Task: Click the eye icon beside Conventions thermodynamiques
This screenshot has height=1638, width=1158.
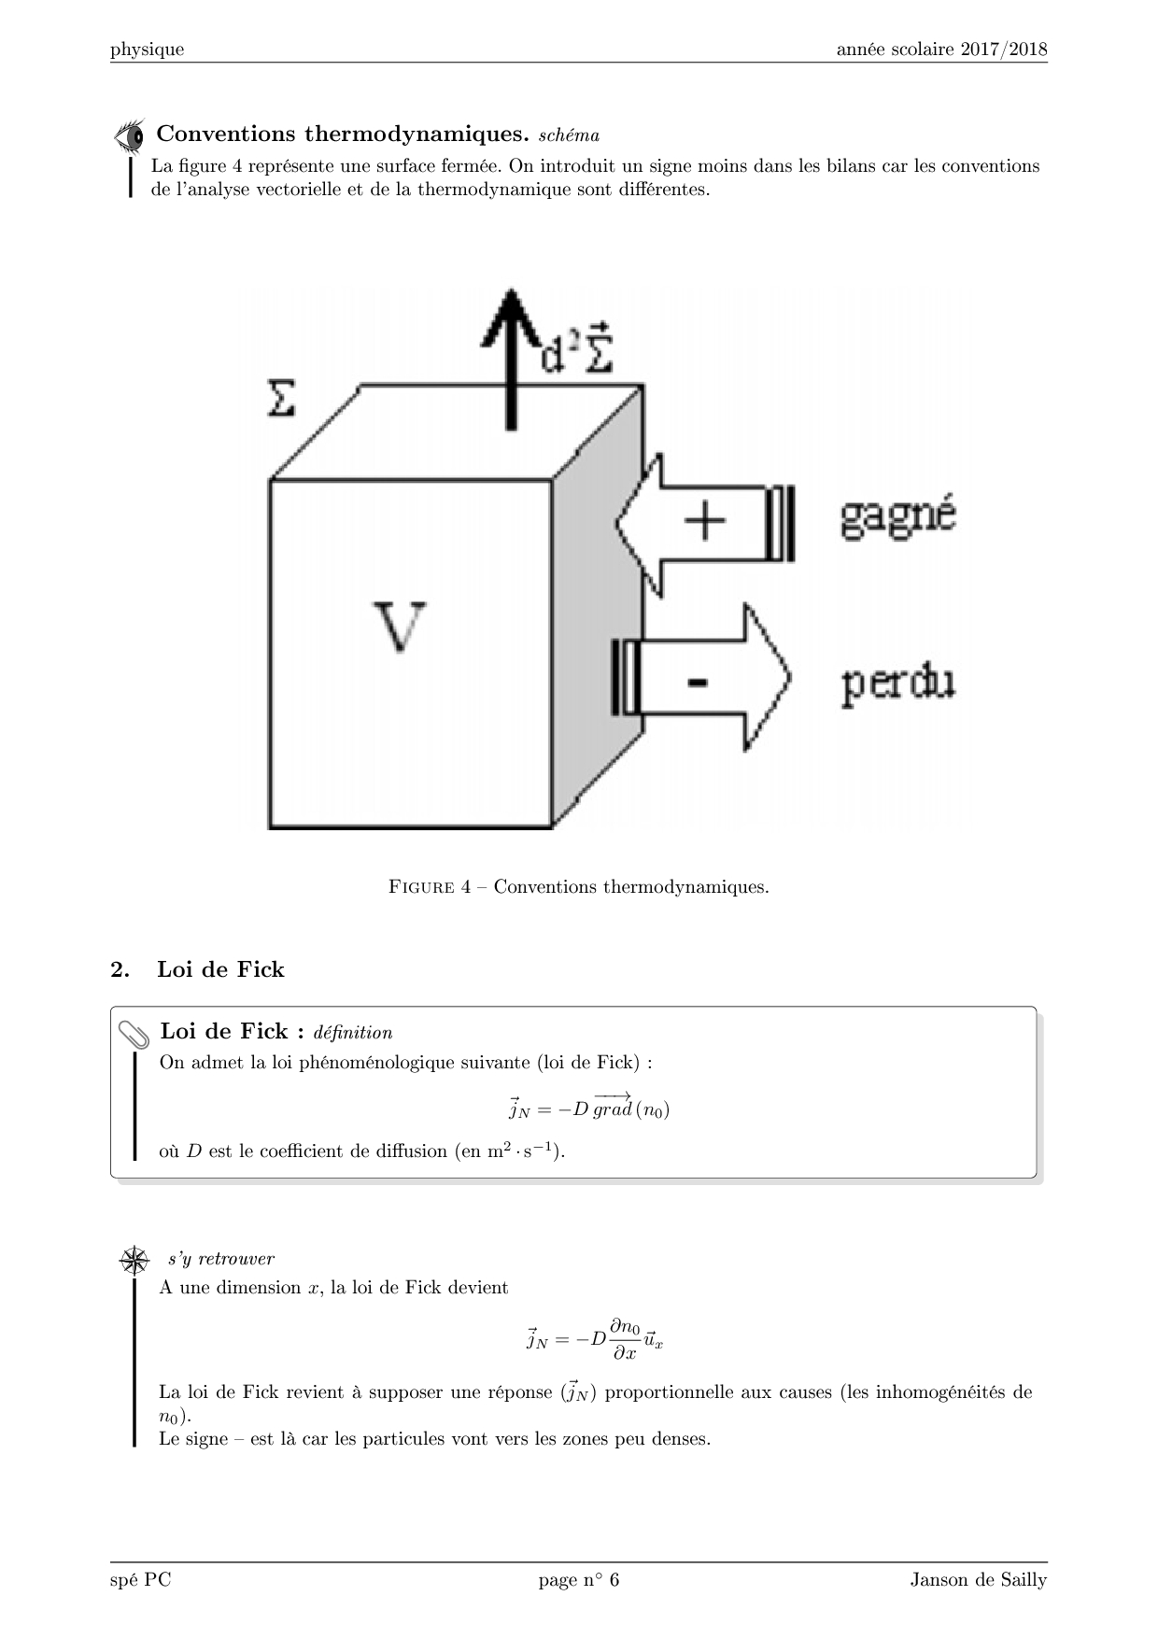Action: pyautogui.click(x=130, y=135)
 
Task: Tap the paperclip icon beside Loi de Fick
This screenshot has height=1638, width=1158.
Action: pyautogui.click(x=134, y=1034)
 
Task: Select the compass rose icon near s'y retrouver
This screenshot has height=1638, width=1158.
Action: pyautogui.click(x=135, y=1260)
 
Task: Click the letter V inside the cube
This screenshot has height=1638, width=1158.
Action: pyautogui.click(x=400, y=628)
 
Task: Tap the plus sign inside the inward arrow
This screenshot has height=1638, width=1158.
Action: pyautogui.click(x=705, y=521)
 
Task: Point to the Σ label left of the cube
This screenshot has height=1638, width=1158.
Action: pyautogui.click(x=281, y=399)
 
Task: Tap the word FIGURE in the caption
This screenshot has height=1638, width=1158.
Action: pyautogui.click(x=421, y=887)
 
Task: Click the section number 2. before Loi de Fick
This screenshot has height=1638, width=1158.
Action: pyautogui.click(x=120, y=969)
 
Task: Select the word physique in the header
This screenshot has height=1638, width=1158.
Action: pyautogui.click(x=147, y=49)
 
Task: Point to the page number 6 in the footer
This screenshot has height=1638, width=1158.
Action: pyautogui.click(x=614, y=1580)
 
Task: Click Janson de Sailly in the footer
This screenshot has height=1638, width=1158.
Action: pyautogui.click(x=978, y=1580)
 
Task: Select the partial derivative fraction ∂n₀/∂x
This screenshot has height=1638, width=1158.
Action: pyautogui.click(x=625, y=1339)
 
